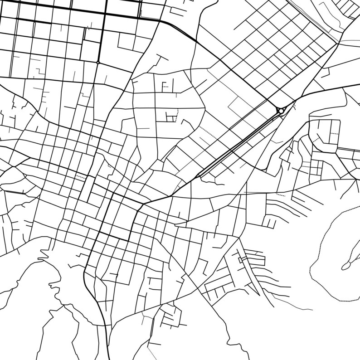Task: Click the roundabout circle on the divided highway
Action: tap(281, 111)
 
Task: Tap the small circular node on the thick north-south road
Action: tap(98, 63)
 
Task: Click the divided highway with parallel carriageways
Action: tap(240, 143)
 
